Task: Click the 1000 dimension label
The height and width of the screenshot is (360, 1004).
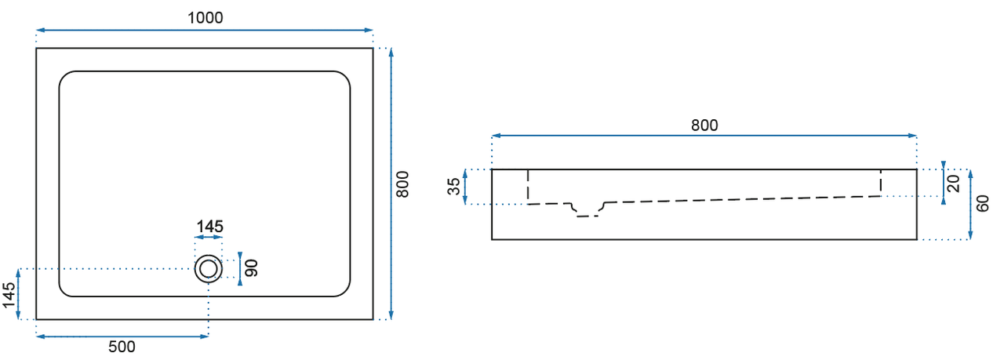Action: [205, 18]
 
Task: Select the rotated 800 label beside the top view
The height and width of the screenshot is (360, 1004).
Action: [403, 184]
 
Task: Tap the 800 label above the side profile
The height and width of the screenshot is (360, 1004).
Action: [704, 125]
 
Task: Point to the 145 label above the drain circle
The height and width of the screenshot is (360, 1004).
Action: [209, 227]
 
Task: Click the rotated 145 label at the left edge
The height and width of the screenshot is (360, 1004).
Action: [9, 296]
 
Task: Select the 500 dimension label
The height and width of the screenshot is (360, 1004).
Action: [122, 347]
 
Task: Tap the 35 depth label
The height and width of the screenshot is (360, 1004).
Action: [453, 187]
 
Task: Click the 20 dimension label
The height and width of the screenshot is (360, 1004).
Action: [952, 184]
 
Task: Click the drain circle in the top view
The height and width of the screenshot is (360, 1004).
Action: [209, 269]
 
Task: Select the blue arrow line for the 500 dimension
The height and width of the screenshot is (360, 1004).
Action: [122, 336]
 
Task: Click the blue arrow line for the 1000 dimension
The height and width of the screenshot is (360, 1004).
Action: [205, 31]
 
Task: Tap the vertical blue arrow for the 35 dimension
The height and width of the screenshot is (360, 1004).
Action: [466, 187]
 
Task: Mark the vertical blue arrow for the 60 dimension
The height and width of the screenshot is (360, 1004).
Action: [971, 204]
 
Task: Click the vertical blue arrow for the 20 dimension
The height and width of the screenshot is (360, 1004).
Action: [942, 187]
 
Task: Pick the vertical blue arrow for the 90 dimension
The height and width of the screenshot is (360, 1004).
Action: [239, 269]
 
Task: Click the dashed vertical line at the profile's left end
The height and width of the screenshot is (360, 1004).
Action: [528, 186]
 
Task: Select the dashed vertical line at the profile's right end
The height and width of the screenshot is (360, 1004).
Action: [881, 182]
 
